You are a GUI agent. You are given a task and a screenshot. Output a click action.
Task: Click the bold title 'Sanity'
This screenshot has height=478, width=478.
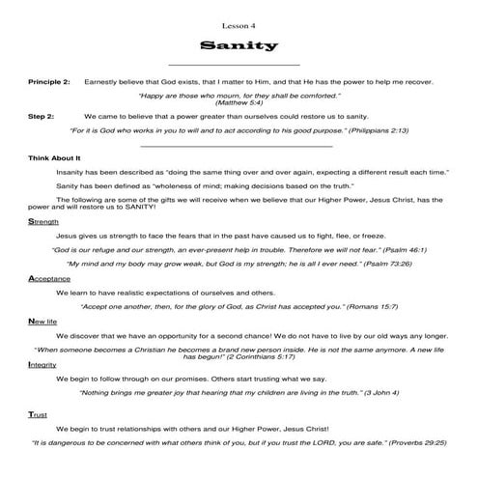point(238,44)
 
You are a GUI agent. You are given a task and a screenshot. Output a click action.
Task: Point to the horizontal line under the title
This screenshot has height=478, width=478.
point(238,66)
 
